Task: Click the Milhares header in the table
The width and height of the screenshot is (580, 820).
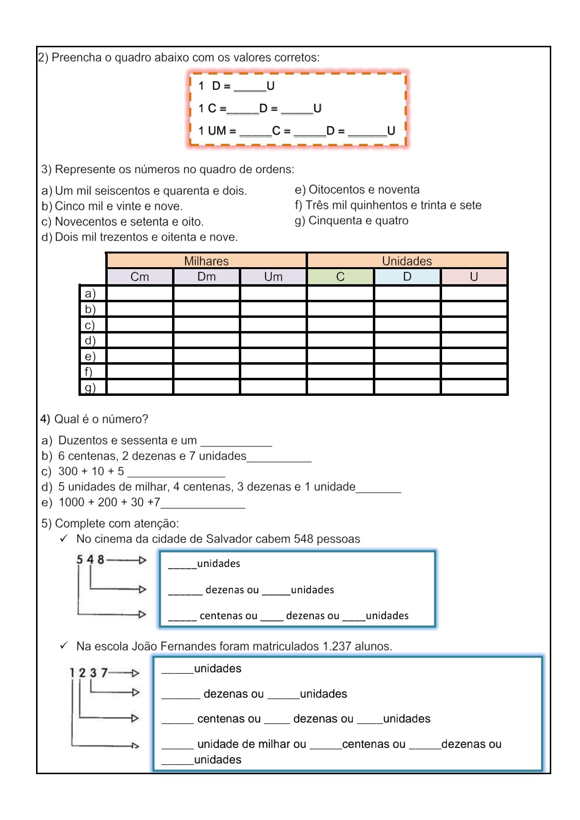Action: [x=206, y=261]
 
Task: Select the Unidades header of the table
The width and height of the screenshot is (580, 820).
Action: [x=406, y=261]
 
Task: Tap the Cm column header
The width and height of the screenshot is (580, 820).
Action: [x=139, y=276]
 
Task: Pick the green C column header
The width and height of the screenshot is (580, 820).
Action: [x=340, y=276]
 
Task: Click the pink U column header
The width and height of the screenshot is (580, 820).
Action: [x=474, y=276]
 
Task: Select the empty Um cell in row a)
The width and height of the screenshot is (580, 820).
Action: [x=273, y=293]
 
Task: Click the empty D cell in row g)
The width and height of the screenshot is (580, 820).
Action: [x=407, y=387]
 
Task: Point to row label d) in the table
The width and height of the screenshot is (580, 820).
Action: [x=90, y=340]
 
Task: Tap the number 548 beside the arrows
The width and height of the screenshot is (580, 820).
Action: [x=90, y=560]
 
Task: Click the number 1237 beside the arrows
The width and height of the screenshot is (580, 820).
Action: [x=88, y=673]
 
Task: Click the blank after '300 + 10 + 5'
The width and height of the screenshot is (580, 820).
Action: [x=176, y=473]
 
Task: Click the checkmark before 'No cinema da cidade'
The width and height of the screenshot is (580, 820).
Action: [x=64, y=538]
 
